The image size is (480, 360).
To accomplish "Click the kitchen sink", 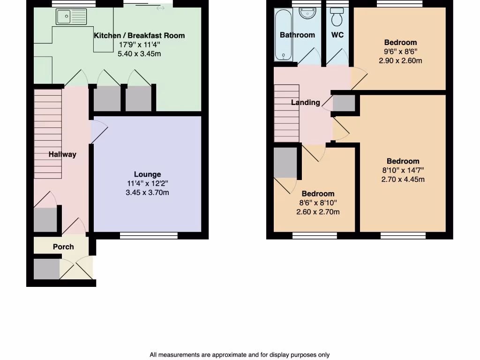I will (x=71, y=17).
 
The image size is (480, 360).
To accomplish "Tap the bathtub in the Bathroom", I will (x=283, y=35).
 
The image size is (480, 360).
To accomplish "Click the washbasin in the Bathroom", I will (x=307, y=14).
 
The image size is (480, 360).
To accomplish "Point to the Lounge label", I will (x=147, y=174).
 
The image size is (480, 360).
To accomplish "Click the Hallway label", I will (x=62, y=154).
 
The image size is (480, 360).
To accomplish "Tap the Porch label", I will (x=63, y=247).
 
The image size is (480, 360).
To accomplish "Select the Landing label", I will (x=306, y=102).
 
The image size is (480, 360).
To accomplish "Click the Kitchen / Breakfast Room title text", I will (x=139, y=36).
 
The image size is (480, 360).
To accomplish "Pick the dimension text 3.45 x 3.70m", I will (x=147, y=192).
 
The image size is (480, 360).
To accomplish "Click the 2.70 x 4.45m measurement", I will (x=403, y=179).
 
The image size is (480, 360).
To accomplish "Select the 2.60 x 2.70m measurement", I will (x=318, y=212).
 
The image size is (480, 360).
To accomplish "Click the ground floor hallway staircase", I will (x=48, y=134).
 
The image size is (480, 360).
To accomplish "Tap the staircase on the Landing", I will (x=286, y=112).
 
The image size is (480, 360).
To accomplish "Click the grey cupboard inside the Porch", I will (x=46, y=269).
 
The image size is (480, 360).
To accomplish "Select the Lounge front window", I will (x=149, y=235).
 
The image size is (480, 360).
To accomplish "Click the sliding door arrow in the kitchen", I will (x=160, y=8).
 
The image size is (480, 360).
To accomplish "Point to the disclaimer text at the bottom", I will (x=240, y=355).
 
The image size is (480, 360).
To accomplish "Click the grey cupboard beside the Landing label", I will (x=344, y=103).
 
